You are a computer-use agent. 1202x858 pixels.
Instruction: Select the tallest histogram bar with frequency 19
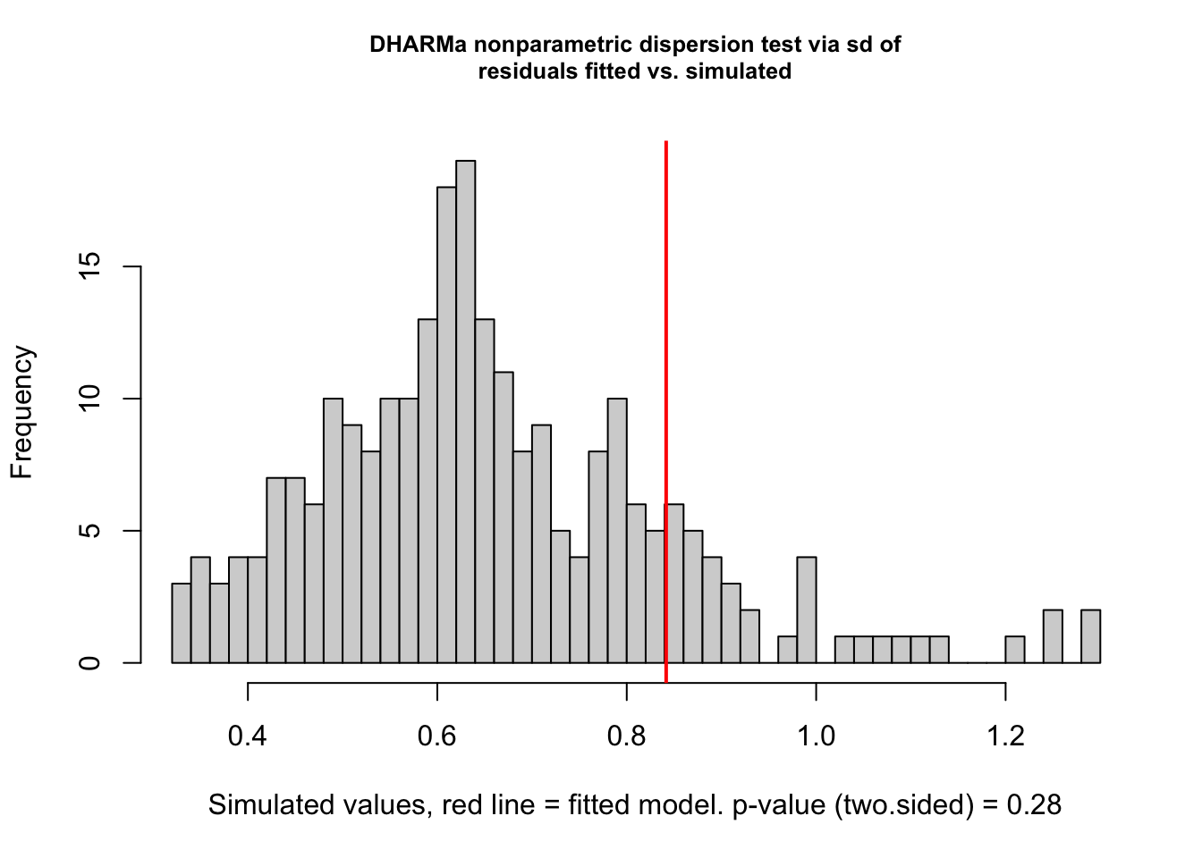pyautogui.click(x=465, y=411)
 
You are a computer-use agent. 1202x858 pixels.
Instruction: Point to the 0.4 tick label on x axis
pyautogui.click(x=248, y=736)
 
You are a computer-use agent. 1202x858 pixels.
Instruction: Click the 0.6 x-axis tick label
pyautogui.click(x=437, y=736)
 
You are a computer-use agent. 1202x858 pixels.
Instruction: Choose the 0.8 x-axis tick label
pyautogui.click(x=627, y=736)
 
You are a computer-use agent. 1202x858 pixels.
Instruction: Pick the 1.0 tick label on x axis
pyautogui.click(x=816, y=736)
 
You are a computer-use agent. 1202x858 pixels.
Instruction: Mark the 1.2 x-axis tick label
pyautogui.click(x=1005, y=736)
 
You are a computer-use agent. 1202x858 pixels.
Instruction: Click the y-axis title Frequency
pyautogui.click(x=22, y=412)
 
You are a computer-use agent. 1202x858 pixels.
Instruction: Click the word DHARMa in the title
pyautogui.click(x=419, y=45)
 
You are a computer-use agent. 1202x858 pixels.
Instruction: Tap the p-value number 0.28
pyautogui.click(x=1035, y=805)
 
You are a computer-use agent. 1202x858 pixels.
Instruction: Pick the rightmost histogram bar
pyautogui.click(x=1090, y=636)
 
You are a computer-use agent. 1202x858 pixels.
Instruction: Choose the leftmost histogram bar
pyautogui.click(x=182, y=624)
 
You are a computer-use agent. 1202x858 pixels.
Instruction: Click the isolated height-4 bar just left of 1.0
pyautogui.click(x=807, y=610)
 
